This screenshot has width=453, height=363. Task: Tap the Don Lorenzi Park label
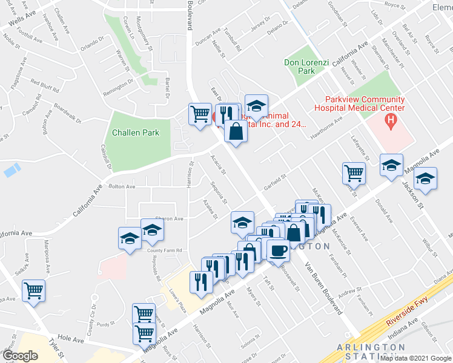tap(300, 67)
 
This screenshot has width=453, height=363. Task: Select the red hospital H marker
tap(391, 120)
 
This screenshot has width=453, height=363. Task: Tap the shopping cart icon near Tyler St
tap(34, 291)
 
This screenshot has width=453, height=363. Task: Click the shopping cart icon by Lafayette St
tap(354, 173)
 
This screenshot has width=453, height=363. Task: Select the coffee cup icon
tap(278, 249)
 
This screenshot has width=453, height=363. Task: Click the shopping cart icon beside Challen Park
tap(200, 114)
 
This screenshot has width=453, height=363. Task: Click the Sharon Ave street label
tap(170, 219)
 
